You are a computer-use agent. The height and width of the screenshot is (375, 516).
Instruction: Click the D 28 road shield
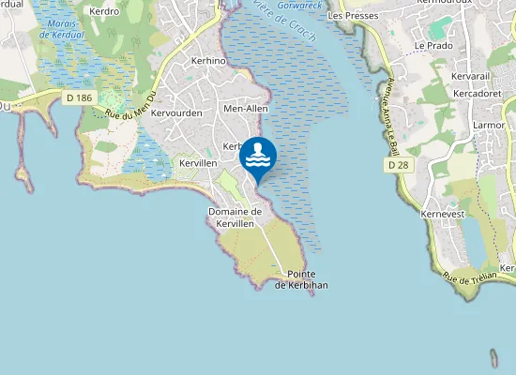398,165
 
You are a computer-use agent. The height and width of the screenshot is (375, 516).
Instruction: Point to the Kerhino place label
208,60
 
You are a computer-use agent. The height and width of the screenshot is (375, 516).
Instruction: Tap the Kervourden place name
176,112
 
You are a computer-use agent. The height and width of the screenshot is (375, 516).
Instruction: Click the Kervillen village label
198,163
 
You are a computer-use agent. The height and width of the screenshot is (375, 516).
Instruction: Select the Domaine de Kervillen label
235,217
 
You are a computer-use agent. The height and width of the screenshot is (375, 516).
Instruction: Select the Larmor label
490,124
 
